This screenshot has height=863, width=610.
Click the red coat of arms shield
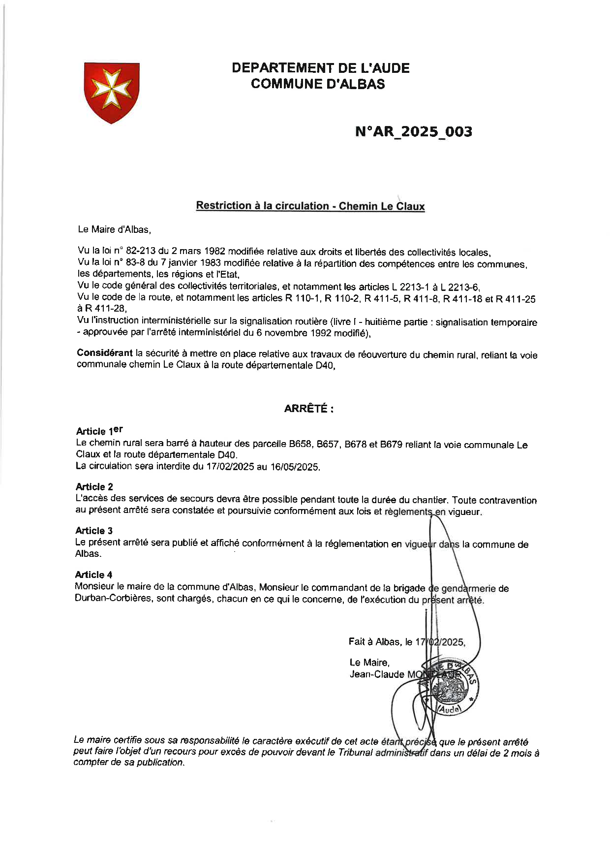click(112, 92)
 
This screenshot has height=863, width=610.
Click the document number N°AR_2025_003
click(413, 131)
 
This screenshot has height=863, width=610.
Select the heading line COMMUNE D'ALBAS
click(318, 84)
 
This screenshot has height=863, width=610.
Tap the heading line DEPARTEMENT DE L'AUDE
click(321, 68)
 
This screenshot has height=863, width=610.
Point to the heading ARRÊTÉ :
click(308, 409)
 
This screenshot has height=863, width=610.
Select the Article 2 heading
click(94, 487)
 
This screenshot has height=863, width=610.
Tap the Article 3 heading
click(93, 530)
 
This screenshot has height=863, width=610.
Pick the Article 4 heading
click(93, 575)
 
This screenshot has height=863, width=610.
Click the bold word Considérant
click(105, 353)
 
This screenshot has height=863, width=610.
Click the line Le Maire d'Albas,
click(114, 229)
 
